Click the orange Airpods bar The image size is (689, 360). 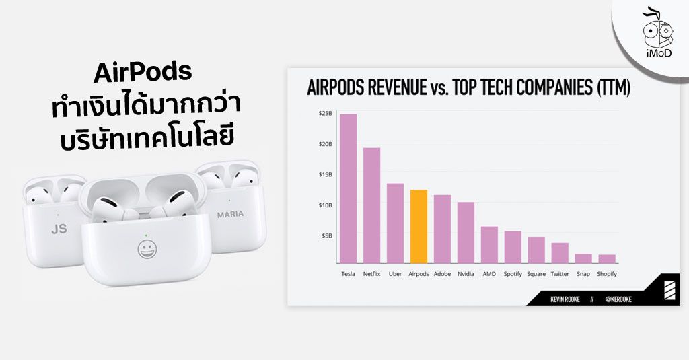pyautogui.click(x=419, y=226)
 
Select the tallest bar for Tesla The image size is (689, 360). pyautogui.click(x=348, y=188)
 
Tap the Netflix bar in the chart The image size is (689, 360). pyautogui.click(x=371, y=205)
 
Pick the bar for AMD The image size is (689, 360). pyautogui.click(x=489, y=245)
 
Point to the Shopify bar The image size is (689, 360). pyautogui.click(x=607, y=259)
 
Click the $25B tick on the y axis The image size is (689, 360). pyautogui.click(x=325, y=114)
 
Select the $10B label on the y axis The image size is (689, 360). pyautogui.click(x=325, y=205)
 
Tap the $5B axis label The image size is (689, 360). pyautogui.click(x=326, y=235)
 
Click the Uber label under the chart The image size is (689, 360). pyautogui.click(x=395, y=274)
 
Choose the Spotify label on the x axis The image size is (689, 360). pyautogui.click(x=513, y=274)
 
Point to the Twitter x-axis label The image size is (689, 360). pyautogui.click(x=560, y=274)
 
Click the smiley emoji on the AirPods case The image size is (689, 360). pyautogui.click(x=144, y=249)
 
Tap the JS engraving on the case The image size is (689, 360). pyautogui.click(x=59, y=229)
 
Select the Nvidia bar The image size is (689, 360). pyautogui.click(x=466, y=232)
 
